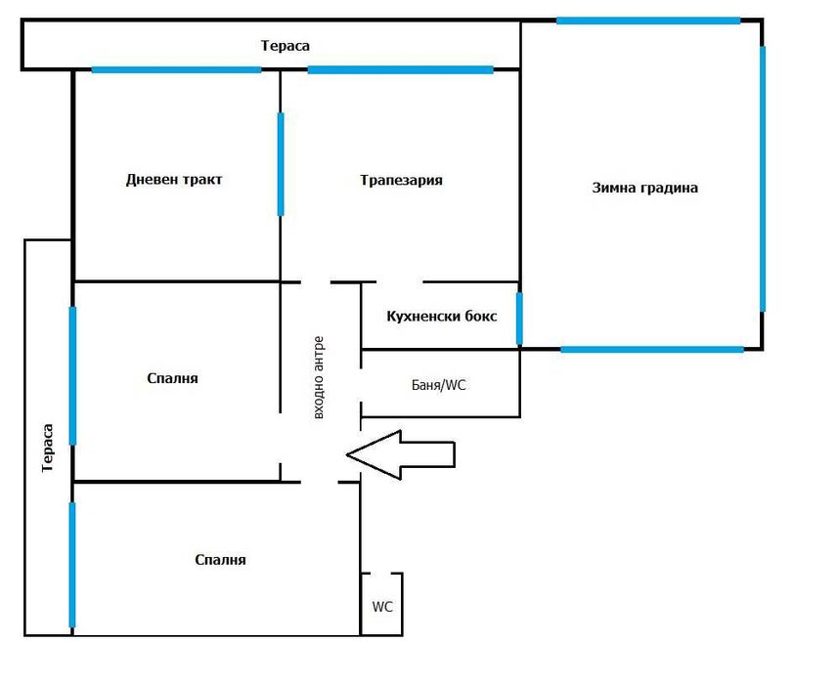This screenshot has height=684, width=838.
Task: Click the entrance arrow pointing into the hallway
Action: pos(401,454)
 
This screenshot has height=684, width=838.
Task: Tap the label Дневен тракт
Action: pos(174,180)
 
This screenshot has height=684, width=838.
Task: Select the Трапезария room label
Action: pos(401,181)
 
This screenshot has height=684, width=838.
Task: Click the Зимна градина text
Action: pos(644,188)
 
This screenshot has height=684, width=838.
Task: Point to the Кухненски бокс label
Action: pos(441,317)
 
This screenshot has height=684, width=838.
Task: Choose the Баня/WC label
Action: pos(439,385)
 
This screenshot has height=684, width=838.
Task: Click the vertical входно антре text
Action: pos(319,378)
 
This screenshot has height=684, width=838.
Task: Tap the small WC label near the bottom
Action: pos(382,606)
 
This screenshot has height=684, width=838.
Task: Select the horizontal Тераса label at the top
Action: pos(286,46)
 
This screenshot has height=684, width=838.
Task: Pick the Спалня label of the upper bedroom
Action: pos(173,378)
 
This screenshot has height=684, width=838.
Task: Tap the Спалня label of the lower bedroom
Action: pos(220,560)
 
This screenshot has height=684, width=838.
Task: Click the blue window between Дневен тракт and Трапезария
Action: pos(281,163)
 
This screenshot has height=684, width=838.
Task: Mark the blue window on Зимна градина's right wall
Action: pos(762,178)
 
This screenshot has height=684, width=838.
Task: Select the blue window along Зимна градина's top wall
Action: pos(647,21)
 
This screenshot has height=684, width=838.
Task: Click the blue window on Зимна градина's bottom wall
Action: pos(651,349)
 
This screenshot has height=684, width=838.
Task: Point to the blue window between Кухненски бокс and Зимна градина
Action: pos(519,319)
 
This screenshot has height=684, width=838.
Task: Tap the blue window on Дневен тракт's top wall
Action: pos(176,69)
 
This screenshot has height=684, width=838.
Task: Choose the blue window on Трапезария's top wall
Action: pos(400,69)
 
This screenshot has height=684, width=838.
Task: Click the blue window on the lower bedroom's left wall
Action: pos(72,564)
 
